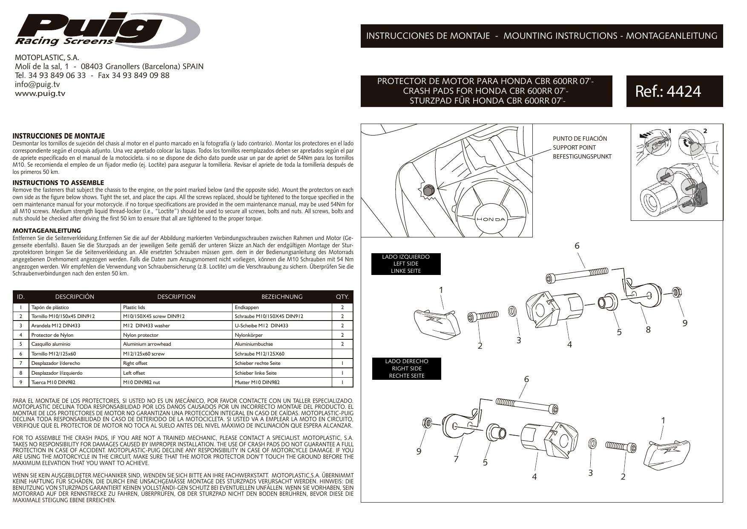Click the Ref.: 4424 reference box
tap(674, 91)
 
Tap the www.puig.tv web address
tap(40, 93)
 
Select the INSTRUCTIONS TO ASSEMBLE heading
tap(58, 182)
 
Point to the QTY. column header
tap(342, 297)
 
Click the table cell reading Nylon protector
tap(141, 335)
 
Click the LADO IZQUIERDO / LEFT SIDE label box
tap(405, 264)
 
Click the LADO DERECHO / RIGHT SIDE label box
tap(406, 369)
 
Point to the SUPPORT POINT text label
tap(574, 147)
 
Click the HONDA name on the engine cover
tap(490, 220)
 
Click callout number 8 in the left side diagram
tap(648, 329)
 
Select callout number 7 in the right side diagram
tap(456, 459)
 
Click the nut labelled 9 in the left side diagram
tap(675, 292)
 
